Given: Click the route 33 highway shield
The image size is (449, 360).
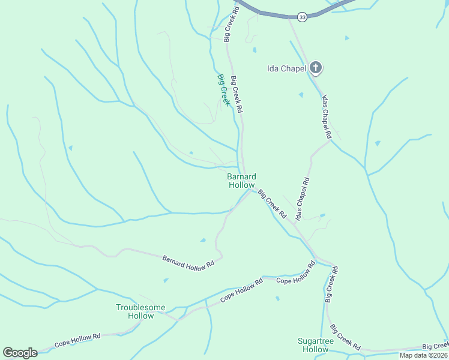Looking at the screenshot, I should [302, 17].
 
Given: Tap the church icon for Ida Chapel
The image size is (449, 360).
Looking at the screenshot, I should [316, 68].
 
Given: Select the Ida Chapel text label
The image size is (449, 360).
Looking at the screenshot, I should [286, 68].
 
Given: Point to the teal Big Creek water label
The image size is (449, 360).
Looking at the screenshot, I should [223, 89].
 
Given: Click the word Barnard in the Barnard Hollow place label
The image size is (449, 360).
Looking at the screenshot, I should [241, 176].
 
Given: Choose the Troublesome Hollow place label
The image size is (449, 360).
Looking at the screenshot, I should [140, 311].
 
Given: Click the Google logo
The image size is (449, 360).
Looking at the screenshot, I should [20, 353].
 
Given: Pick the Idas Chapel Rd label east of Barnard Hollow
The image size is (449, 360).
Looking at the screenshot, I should [301, 198].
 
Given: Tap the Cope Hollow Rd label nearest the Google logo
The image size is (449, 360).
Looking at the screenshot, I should [77, 341].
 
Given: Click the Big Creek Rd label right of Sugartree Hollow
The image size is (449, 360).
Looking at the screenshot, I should [345, 337].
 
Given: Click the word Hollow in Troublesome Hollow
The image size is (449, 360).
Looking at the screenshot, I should [140, 316].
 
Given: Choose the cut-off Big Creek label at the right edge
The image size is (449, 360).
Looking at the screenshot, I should [435, 346].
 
